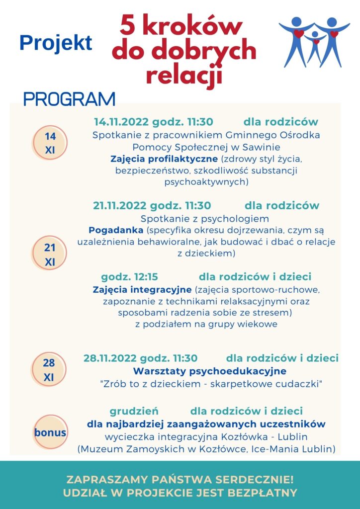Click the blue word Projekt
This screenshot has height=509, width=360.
point(56,43)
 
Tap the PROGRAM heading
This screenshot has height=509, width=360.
point(69,99)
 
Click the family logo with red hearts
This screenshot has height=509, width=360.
point(314,42)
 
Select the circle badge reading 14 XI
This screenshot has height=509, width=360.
point(50,143)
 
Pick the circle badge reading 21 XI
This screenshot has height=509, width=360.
point(50,254)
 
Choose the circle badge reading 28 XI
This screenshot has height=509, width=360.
point(49,370)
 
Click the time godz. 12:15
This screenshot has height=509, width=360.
point(129,277)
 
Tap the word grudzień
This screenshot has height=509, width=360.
point(134,411)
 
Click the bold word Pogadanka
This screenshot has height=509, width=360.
point(115,230)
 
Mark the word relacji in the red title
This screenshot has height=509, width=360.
point(183,77)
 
